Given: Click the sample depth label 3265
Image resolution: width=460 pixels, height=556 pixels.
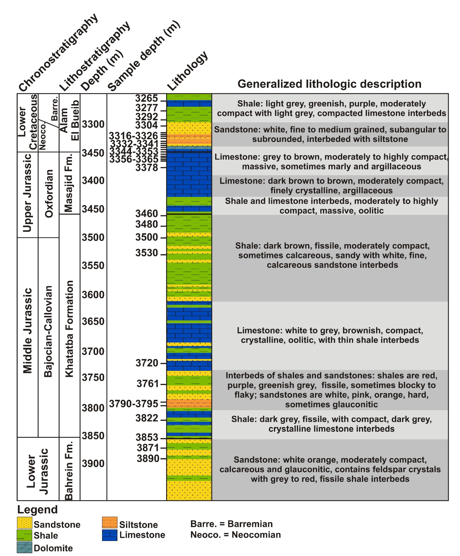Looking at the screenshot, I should [x=146, y=98].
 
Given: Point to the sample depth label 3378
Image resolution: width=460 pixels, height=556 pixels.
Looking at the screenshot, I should [x=146, y=168].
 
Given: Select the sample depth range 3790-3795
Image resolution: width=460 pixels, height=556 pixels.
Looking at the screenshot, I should [x=133, y=404].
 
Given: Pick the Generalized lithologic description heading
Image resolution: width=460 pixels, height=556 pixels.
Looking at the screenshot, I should [x=329, y=84].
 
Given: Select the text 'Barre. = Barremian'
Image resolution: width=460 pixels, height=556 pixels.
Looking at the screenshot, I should [x=231, y=524].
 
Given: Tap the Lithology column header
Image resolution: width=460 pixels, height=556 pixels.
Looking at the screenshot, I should [x=187, y=71].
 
